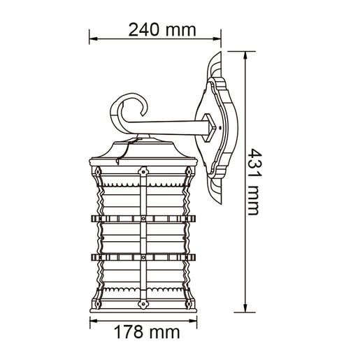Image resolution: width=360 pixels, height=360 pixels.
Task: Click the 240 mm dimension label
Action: click(162, 29)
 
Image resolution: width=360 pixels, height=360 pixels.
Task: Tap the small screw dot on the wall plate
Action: click(218, 129)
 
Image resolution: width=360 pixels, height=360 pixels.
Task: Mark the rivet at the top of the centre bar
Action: click(143, 170)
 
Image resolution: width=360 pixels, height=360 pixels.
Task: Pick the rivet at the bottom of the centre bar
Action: click(143, 304)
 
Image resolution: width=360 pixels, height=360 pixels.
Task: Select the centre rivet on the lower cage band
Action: click(143, 257)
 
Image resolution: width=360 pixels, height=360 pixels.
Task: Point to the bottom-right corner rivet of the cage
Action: click(189, 304)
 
